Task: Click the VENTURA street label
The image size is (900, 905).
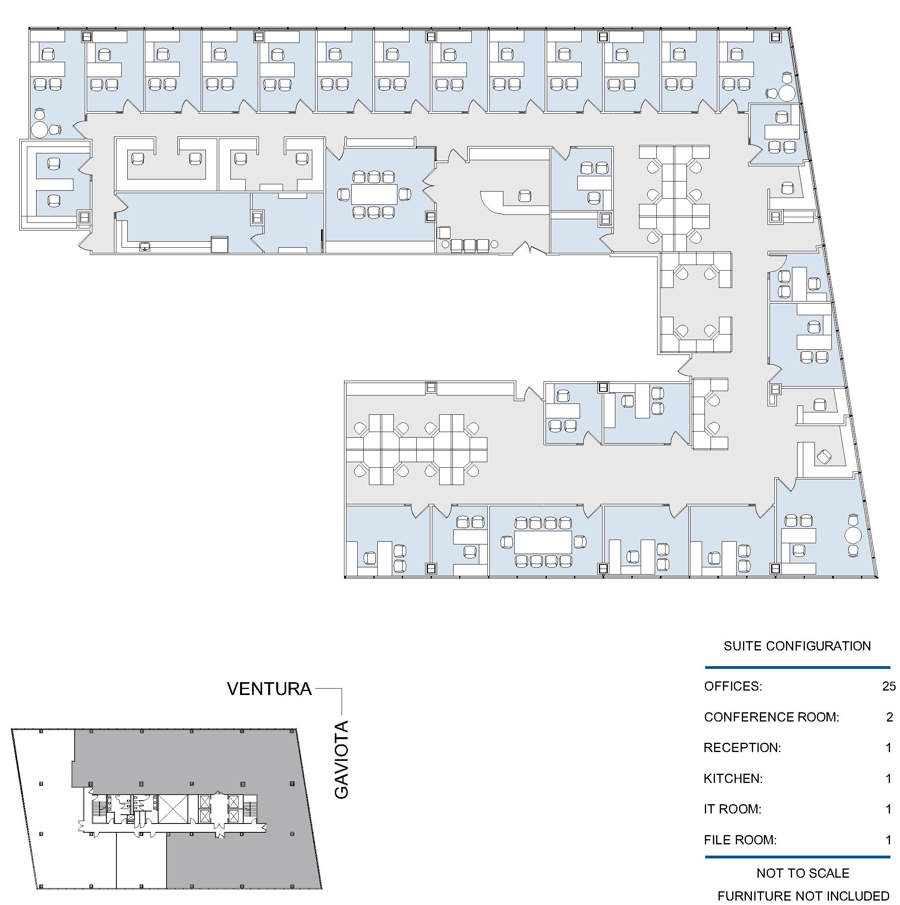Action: (269, 689)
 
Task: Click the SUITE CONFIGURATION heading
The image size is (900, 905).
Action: (797, 646)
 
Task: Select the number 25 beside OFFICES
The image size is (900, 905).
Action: (888, 686)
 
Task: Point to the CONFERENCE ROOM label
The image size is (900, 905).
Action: (771, 717)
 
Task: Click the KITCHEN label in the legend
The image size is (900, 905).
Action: (733, 779)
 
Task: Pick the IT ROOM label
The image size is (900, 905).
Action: (732, 809)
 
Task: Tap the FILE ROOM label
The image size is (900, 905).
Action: (740, 840)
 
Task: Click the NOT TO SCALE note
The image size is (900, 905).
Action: (802, 873)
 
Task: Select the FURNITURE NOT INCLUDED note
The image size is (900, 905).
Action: (803, 896)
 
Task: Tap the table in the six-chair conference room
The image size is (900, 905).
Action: (374, 194)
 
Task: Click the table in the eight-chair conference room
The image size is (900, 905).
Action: (543, 542)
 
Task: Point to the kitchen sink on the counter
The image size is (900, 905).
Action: (144, 247)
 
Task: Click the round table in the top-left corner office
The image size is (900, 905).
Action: (39, 130)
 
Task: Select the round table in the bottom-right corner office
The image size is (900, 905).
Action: (853, 534)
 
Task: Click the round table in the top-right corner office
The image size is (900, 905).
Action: (787, 92)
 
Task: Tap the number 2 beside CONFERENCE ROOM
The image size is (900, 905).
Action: (889, 717)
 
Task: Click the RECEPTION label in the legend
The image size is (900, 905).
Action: (742, 748)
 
